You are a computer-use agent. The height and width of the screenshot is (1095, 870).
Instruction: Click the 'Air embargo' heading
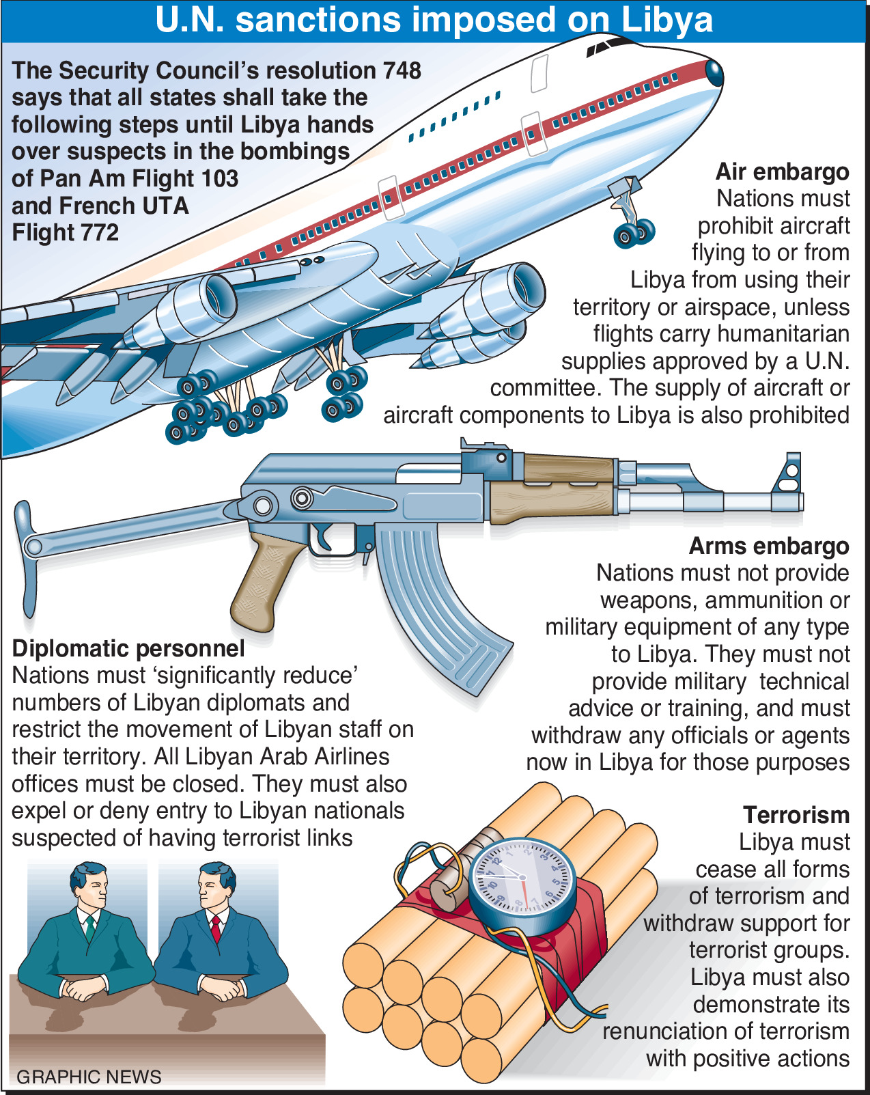point(782,172)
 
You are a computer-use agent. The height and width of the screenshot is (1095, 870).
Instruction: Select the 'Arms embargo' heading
point(769,546)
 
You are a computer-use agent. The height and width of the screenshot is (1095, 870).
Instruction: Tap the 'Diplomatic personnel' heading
point(128,649)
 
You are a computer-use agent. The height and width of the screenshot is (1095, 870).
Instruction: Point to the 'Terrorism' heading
point(796,816)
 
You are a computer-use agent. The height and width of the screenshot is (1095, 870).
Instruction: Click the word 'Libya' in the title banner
point(666,20)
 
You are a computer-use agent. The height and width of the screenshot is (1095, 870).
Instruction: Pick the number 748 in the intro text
point(402,71)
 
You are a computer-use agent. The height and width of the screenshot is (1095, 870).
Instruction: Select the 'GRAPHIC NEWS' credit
point(89,1077)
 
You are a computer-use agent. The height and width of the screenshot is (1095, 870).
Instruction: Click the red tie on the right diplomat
point(216,928)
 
